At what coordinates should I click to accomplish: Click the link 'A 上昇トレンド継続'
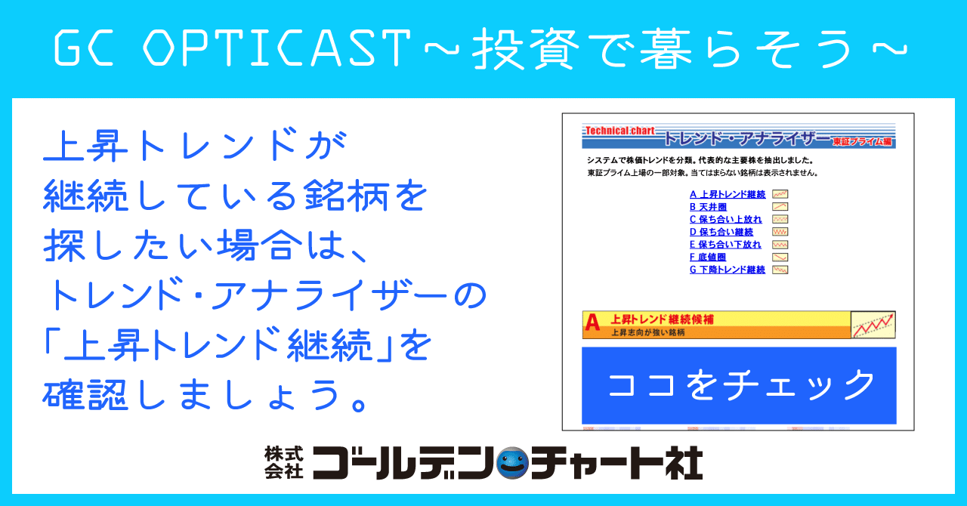[728, 195]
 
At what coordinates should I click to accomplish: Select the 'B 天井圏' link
[708, 207]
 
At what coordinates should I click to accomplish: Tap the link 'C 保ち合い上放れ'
[725, 220]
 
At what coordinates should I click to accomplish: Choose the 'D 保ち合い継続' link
[721, 232]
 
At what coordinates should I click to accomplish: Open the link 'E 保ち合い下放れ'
[725, 245]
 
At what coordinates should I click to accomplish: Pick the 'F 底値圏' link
[708, 258]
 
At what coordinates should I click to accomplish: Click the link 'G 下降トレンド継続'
[728, 270]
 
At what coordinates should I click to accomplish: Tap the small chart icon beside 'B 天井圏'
[780, 207]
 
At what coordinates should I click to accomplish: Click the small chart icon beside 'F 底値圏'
[780, 258]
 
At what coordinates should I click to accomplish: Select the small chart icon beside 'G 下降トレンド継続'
[780, 270]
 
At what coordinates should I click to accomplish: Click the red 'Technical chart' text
[619, 131]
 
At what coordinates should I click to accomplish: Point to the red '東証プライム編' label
[862, 141]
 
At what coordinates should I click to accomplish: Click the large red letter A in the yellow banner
[593, 324]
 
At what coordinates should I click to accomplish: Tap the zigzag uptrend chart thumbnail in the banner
[873, 325]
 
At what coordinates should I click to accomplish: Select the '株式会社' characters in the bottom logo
[283, 462]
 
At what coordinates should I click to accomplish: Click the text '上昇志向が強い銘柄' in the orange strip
[647, 332]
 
